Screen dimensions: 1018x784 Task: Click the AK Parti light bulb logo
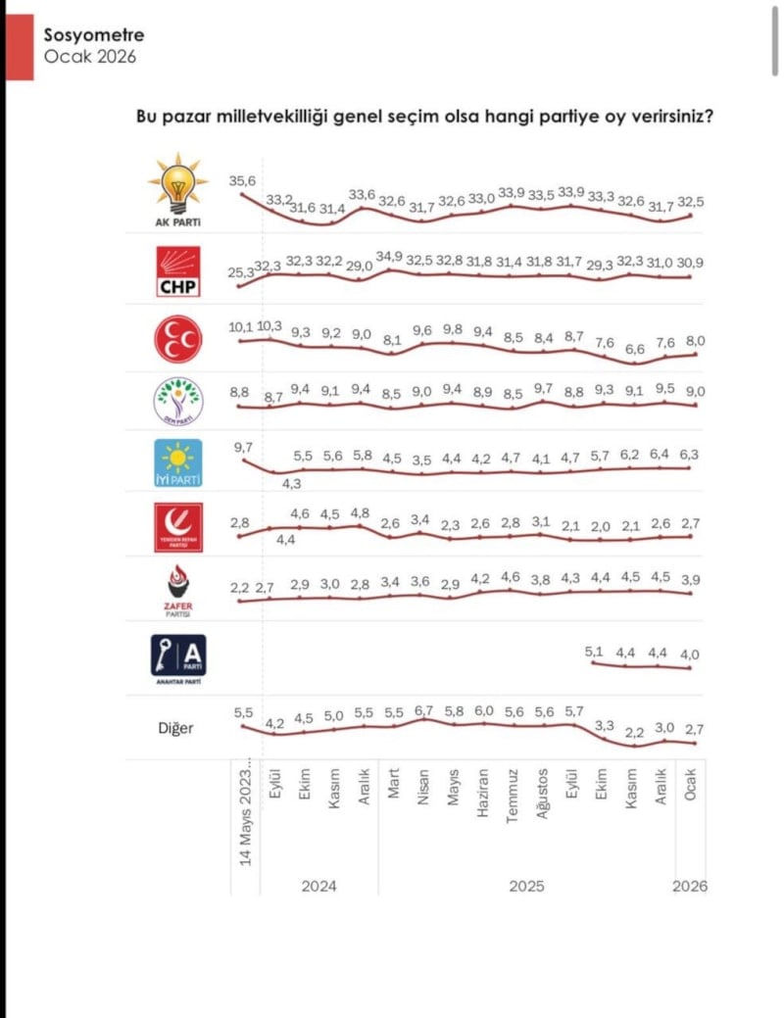point(177,188)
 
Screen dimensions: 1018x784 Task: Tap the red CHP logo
point(177,271)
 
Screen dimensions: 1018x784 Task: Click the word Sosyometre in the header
point(93,35)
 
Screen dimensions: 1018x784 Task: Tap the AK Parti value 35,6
point(242,181)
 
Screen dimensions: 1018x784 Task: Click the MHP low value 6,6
point(635,349)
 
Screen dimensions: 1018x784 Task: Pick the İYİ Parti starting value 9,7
point(242,447)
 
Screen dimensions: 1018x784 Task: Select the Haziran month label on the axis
point(482,809)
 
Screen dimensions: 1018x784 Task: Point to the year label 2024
point(318,886)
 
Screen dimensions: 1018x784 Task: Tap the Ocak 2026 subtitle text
point(89,56)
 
